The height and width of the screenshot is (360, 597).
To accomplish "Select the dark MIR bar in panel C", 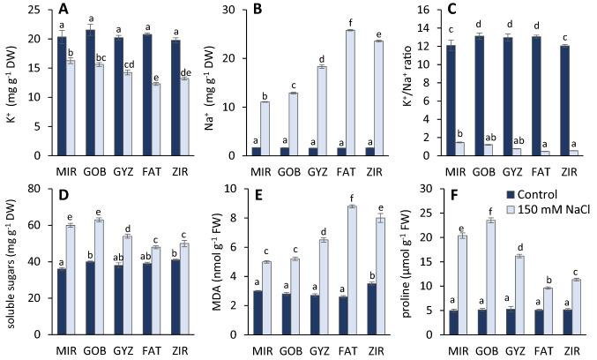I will (x=450, y=100).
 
